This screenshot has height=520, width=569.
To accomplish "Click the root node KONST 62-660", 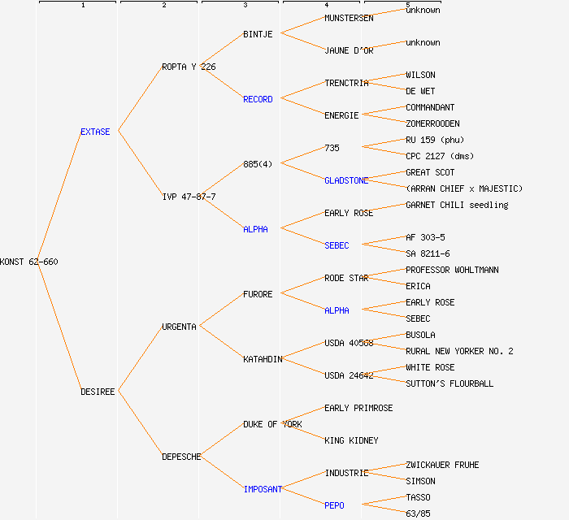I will tap(29, 262).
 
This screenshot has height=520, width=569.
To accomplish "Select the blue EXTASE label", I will tap(95, 132).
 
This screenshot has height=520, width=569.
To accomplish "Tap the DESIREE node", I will tap(98, 392).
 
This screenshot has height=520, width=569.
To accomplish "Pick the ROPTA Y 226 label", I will tap(189, 67).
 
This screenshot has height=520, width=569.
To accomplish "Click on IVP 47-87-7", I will tap(189, 197).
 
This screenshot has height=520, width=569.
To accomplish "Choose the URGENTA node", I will tap(179, 327).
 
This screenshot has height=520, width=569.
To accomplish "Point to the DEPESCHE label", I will tap(181, 457).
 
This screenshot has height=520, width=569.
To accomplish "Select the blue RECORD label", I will tap(258, 99).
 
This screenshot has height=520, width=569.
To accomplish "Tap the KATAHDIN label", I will tap(263, 359).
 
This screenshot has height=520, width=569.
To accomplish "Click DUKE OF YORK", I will tap(272, 424).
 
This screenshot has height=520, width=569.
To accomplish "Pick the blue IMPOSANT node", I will tap(263, 489).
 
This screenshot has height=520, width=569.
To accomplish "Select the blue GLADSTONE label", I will tap(346, 180).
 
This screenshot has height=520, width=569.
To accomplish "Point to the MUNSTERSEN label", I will tap(349, 18).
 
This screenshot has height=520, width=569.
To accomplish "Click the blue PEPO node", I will tap(334, 505).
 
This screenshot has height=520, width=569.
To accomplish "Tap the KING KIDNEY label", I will tap(351, 440).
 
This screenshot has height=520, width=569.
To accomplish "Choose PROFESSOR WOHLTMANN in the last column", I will tap(452, 270).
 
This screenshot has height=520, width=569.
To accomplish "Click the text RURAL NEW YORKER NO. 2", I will tap(459, 351).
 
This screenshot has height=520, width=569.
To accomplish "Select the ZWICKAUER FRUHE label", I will tap(442, 465).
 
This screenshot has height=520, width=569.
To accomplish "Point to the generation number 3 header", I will tap(245, 6).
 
